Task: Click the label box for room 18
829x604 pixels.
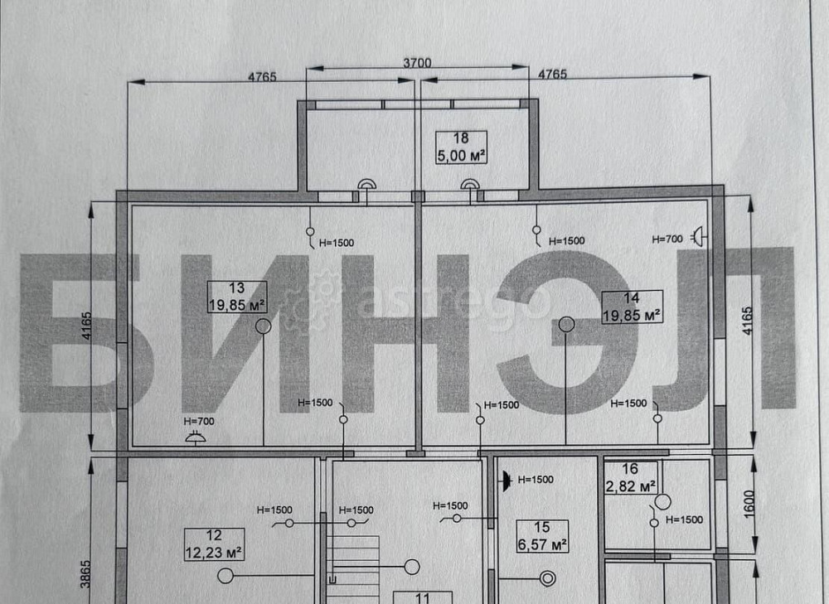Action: pyautogui.click(x=461, y=147)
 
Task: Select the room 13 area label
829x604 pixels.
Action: pyautogui.click(x=237, y=297)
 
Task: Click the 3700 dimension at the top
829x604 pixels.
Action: pyautogui.click(x=417, y=63)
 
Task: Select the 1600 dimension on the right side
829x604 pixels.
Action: pyautogui.click(x=749, y=504)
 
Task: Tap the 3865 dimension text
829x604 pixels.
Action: pyautogui.click(x=85, y=574)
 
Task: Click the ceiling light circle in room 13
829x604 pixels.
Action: pyautogui.click(x=264, y=326)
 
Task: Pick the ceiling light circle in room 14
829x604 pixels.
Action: pyautogui.click(x=566, y=324)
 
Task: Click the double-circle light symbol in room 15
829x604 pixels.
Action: pyautogui.click(x=548, y=578)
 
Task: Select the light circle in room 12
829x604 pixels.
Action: pyautogui.click(x=225, y=576)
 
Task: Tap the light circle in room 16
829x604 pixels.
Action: pyautogui.click(x=662, y=501)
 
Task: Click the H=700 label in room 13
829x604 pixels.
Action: pyautogui.click(x=199, y=421)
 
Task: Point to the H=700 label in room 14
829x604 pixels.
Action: pyautogui.click(x=667, y=239)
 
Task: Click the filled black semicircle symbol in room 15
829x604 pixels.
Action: pyautogui.click(x=506, y=481)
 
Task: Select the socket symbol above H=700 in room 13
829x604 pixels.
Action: pyautogui.click(x=196, y=437)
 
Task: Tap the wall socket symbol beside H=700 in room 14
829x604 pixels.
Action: pyautogui.click(x=700, y=236)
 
